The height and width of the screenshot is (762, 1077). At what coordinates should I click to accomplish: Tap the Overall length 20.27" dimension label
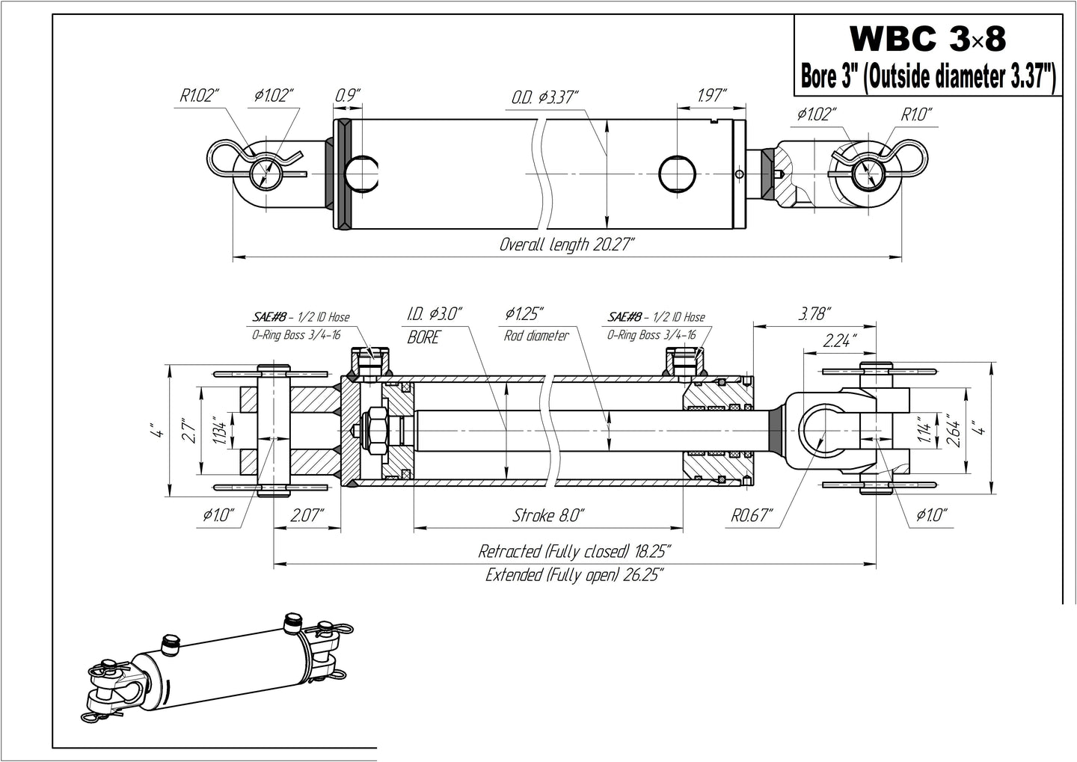click(567, 245)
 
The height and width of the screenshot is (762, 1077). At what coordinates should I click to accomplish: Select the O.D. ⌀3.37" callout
click(545, 98)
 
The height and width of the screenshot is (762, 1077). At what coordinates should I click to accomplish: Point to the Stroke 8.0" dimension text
click(548, 515)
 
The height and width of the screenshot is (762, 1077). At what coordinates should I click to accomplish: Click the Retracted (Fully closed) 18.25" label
click(574, 552)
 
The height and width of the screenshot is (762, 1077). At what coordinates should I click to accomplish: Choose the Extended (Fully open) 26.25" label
click(574, 575)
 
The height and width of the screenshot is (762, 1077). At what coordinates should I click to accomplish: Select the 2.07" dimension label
click(307, 514)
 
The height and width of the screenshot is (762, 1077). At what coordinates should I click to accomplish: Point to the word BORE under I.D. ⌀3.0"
click(423, 337)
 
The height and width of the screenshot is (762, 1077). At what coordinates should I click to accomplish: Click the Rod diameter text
click(536, 336)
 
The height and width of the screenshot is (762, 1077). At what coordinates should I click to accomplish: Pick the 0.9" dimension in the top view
click(347, 95)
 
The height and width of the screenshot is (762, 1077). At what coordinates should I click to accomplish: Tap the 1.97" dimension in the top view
click(711, 95)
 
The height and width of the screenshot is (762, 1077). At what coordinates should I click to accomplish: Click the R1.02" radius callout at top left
click(198, 95)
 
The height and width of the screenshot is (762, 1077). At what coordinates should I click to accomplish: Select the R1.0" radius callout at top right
click(916, 114)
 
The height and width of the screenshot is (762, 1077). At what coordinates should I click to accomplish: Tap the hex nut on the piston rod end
click(375, 431)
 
